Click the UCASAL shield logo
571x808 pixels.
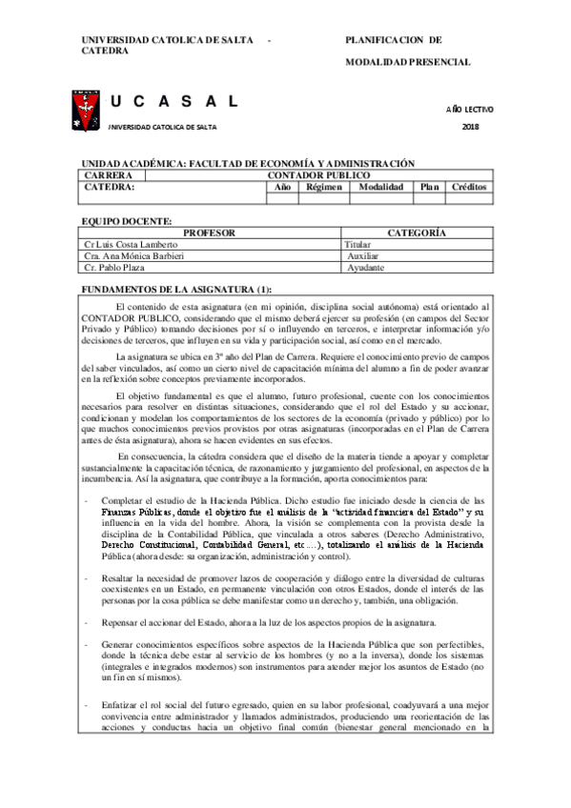(83, 109)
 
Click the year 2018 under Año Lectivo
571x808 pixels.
(470, 127)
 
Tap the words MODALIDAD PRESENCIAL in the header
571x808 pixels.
(407, 62)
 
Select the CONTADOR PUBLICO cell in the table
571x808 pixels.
(317, 176)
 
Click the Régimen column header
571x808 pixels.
(323, 188)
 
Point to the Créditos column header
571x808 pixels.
(468, 188)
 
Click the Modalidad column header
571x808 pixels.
(380, 188)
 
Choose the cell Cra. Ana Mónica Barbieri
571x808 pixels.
(134, 256)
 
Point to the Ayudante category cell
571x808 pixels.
(365, 268)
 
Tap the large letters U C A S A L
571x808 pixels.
(173, 102)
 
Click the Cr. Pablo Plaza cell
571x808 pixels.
(115, 268)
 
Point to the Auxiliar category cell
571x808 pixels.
(362, 256)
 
